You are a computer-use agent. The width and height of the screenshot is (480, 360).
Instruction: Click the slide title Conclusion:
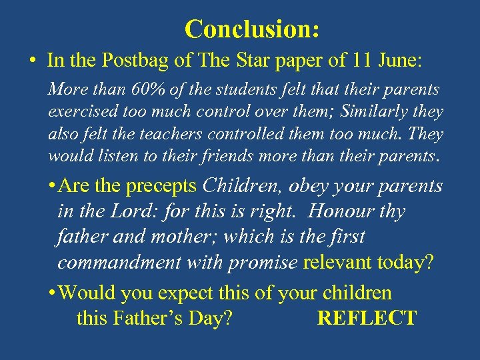pos(252,29)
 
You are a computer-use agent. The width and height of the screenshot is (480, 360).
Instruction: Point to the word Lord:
pos(119,211)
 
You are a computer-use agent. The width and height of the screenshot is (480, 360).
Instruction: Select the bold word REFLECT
pos(367,317)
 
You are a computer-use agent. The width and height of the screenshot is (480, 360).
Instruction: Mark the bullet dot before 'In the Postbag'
pos(32,61)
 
